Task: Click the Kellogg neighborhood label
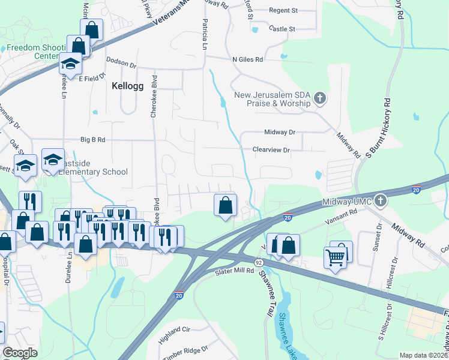click(x=128, y=86)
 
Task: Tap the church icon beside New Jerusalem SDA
click(x=319, y=98)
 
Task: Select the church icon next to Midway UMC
click(x=379, y=201)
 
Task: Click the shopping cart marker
click(x=336, y=258)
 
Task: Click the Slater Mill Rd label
click(x=235, y=272)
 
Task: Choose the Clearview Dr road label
click(x=271, y=150)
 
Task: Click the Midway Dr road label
click(x=280, y=132)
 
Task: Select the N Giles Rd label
click(x=247, y=59)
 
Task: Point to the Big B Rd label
click(x=92, y=140)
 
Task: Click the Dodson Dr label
click(x=121, y=61)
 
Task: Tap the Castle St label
click(x=282, y=28)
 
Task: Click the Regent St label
click(x=283, y=10)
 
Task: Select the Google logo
click(x=20, y=353)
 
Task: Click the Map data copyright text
click(x=423, y=355)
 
